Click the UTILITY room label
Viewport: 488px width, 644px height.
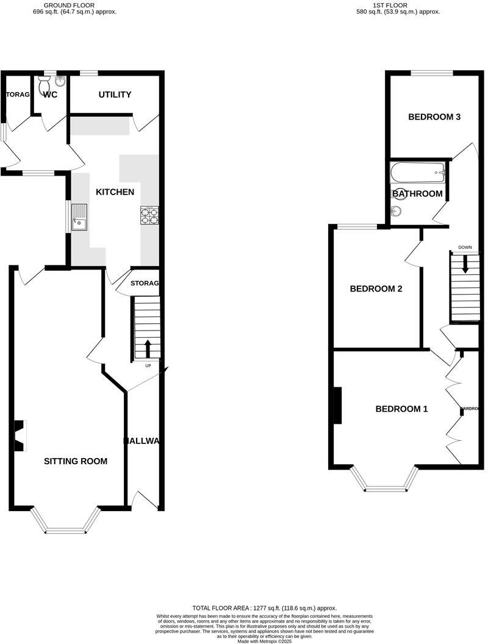115,95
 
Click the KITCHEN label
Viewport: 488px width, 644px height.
115,192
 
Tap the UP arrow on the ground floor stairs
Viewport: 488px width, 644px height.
148,349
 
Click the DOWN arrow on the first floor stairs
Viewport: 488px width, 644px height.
465,263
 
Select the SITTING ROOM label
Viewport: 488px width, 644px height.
76,461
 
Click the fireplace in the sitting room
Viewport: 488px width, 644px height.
21,435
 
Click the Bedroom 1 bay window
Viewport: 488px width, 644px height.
384,482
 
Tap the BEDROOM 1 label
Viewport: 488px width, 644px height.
401,409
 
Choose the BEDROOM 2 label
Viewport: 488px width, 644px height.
376,289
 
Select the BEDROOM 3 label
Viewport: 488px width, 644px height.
434,117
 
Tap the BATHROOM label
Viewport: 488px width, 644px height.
417,194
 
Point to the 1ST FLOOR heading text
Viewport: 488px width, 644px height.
398,5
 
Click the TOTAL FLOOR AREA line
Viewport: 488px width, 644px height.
264,608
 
